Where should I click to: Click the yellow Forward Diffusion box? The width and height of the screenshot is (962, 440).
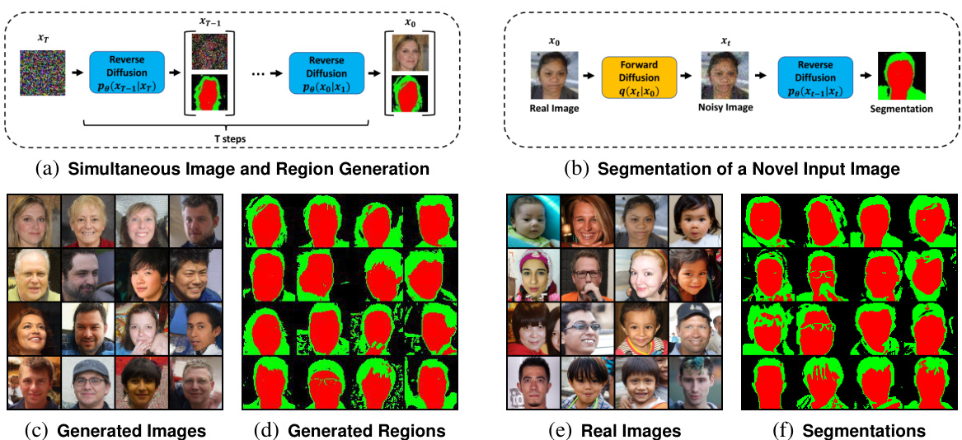click(x=639, y=79)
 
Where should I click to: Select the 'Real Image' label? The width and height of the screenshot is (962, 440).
click(x=554, y=109)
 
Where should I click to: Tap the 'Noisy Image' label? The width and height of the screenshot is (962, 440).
click(x=725, y=109)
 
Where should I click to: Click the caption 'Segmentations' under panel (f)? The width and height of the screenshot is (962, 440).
click(x=863, y=431)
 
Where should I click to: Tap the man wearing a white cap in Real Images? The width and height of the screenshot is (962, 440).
click(x=695, y=329)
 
